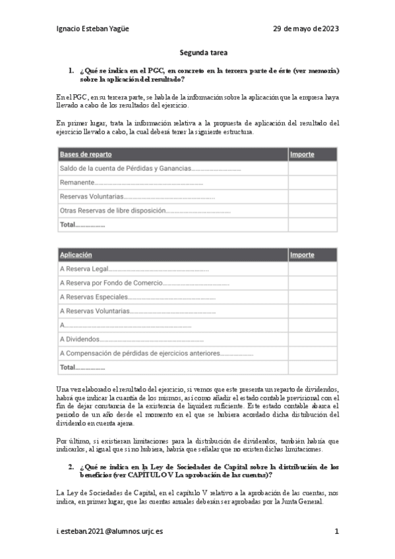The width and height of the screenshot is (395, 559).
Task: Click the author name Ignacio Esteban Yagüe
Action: (97, 29)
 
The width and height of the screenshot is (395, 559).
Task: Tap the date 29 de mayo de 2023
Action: (306, 29)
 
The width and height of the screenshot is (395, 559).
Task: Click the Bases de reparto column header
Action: (86, 154)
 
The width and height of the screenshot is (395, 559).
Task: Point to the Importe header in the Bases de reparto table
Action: (302, 154)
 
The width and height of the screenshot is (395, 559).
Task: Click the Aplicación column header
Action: (76, 254)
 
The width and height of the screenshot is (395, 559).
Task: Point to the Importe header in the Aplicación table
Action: (302, 254)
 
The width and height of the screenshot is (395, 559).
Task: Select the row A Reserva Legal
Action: (83, 269)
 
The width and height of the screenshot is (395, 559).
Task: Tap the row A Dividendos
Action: (80, 339)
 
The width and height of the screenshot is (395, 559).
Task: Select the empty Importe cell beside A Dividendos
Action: (312, 339)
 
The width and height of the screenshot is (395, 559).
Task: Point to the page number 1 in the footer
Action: (336, 531)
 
